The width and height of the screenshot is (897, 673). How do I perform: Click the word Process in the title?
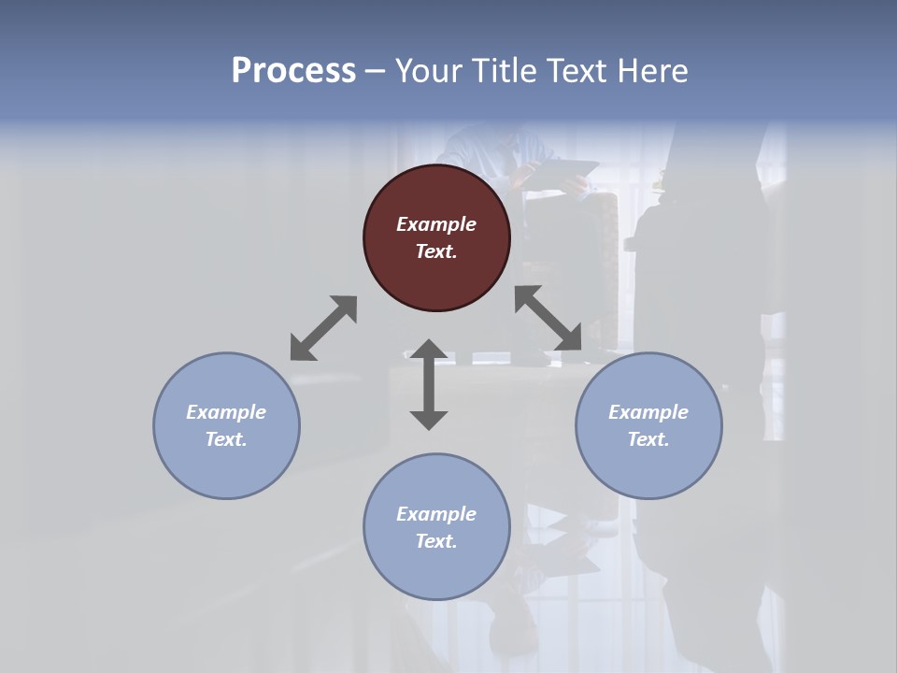click(293, 71)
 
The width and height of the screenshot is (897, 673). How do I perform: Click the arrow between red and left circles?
click(323, 328)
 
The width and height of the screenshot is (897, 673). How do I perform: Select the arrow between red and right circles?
click(548, 319)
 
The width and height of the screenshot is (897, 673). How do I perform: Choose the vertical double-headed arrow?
click(429, 384)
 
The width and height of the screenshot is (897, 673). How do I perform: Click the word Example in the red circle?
click(436, 224)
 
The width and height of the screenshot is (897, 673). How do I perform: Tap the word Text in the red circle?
click(436, 251)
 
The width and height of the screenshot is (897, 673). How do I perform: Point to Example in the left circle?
click(226, 412)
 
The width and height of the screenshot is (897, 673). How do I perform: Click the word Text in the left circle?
click(226, 439)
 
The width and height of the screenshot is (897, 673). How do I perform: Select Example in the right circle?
click(648, 412)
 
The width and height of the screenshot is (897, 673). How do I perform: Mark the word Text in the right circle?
click(648, 439)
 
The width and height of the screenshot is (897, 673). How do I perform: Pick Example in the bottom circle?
click(436, 514)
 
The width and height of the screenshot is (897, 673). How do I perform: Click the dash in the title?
click(376, 72)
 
